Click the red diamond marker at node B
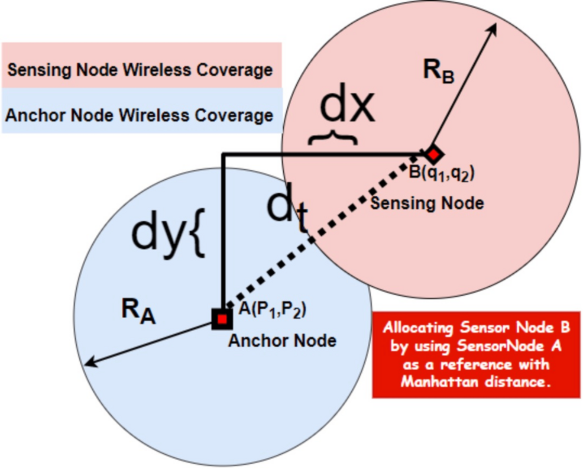point(433,155)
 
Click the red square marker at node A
point(222,319)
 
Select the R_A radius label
point(138,312)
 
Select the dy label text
point(158,232)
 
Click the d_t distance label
point(288,214)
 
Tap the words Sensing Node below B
point(426,203)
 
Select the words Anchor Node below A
point(282,341)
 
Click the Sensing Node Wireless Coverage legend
point(140,70)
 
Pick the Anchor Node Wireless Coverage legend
point(140,115)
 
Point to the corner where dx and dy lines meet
point(222,156)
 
